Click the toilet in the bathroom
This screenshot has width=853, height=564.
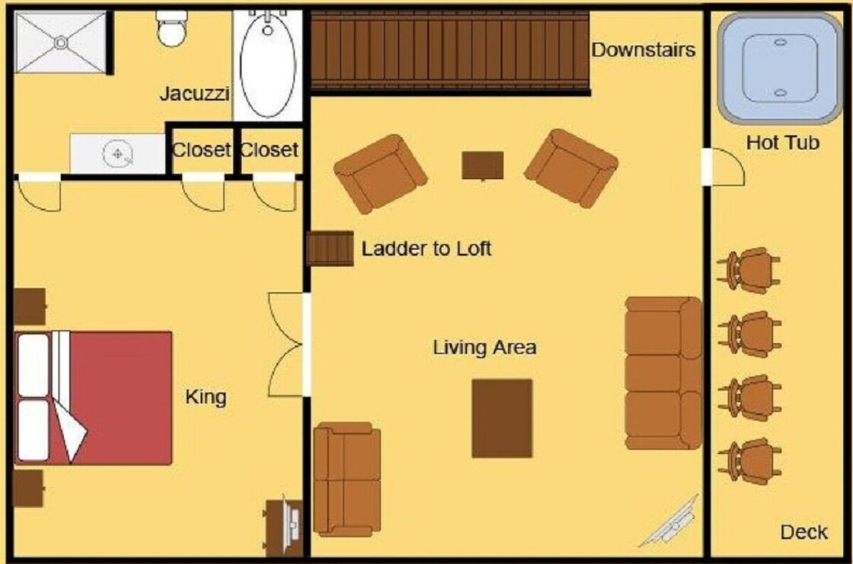point(171,28)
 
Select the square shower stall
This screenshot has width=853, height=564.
point(60,42)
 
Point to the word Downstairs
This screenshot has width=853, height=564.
point(643,50)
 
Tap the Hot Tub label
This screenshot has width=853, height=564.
point(783,143)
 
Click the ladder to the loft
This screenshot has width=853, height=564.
point(331,249)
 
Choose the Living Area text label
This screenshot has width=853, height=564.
point(484,348)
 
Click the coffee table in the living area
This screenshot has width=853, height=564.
point(502,418)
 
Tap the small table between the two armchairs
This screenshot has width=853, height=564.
point(483,166)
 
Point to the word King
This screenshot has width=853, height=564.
point(205,396)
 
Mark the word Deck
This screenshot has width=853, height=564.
point(804,532)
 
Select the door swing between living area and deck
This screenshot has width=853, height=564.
point(725,168)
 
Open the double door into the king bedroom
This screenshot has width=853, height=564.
point(288,345)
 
